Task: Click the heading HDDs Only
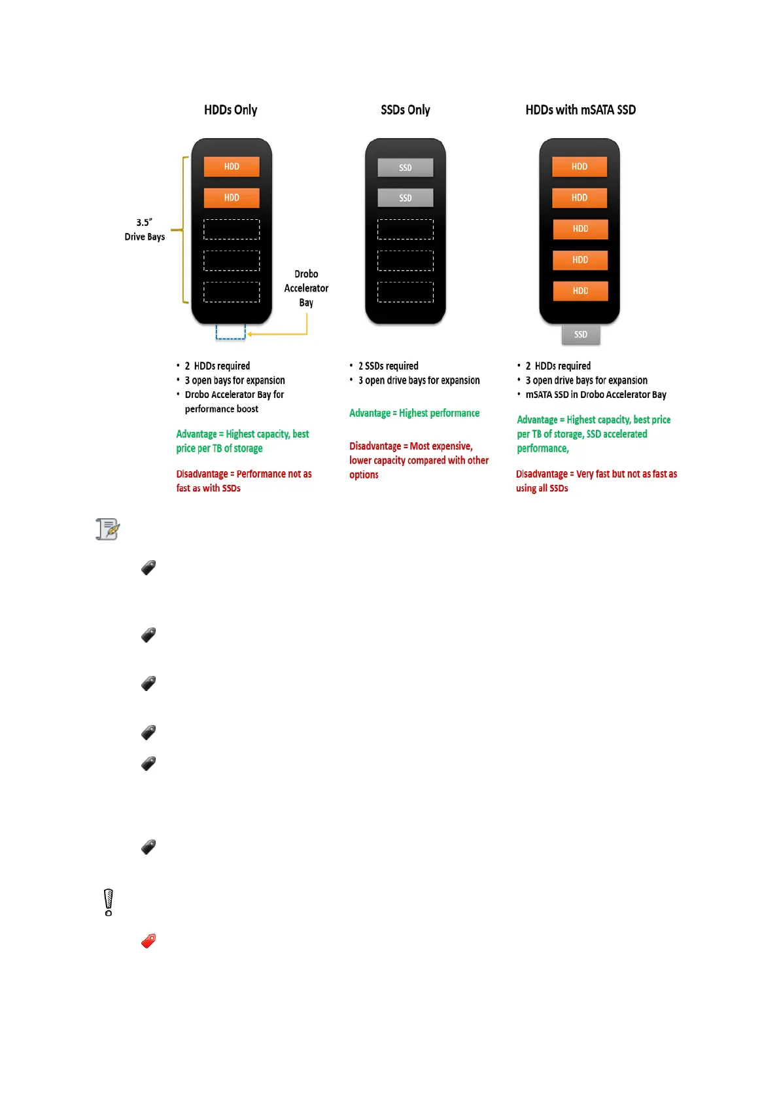click(x=230, y=110)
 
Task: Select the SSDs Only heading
click(x=405, y=110)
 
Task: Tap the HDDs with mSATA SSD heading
click(x=580, y=110)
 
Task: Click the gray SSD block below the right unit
click(x=580, y=334)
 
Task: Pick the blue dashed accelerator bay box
click(x=230, y=332)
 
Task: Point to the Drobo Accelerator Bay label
click(x=306, y=288)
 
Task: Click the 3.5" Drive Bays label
click(x=145, y=230)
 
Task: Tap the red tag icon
click(x=148, y=941)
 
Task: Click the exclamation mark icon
click(x=109, y=902)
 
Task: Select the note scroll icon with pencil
click(x=108, y=529)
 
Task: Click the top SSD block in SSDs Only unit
click(x=405, y=168)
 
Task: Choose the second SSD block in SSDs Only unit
click(x=405, y=198)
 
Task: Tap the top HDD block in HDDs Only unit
click(x=232, y=166)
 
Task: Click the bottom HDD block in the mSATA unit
click(x=580, y=291)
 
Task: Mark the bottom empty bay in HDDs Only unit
click(x=232, y=292)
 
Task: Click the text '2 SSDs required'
click(x=388, y=366)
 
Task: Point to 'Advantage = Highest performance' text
click(x=414, y=413)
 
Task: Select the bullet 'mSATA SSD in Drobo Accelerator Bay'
click(x=595, y=395)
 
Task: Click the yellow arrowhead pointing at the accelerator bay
click(x=250, y=334)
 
